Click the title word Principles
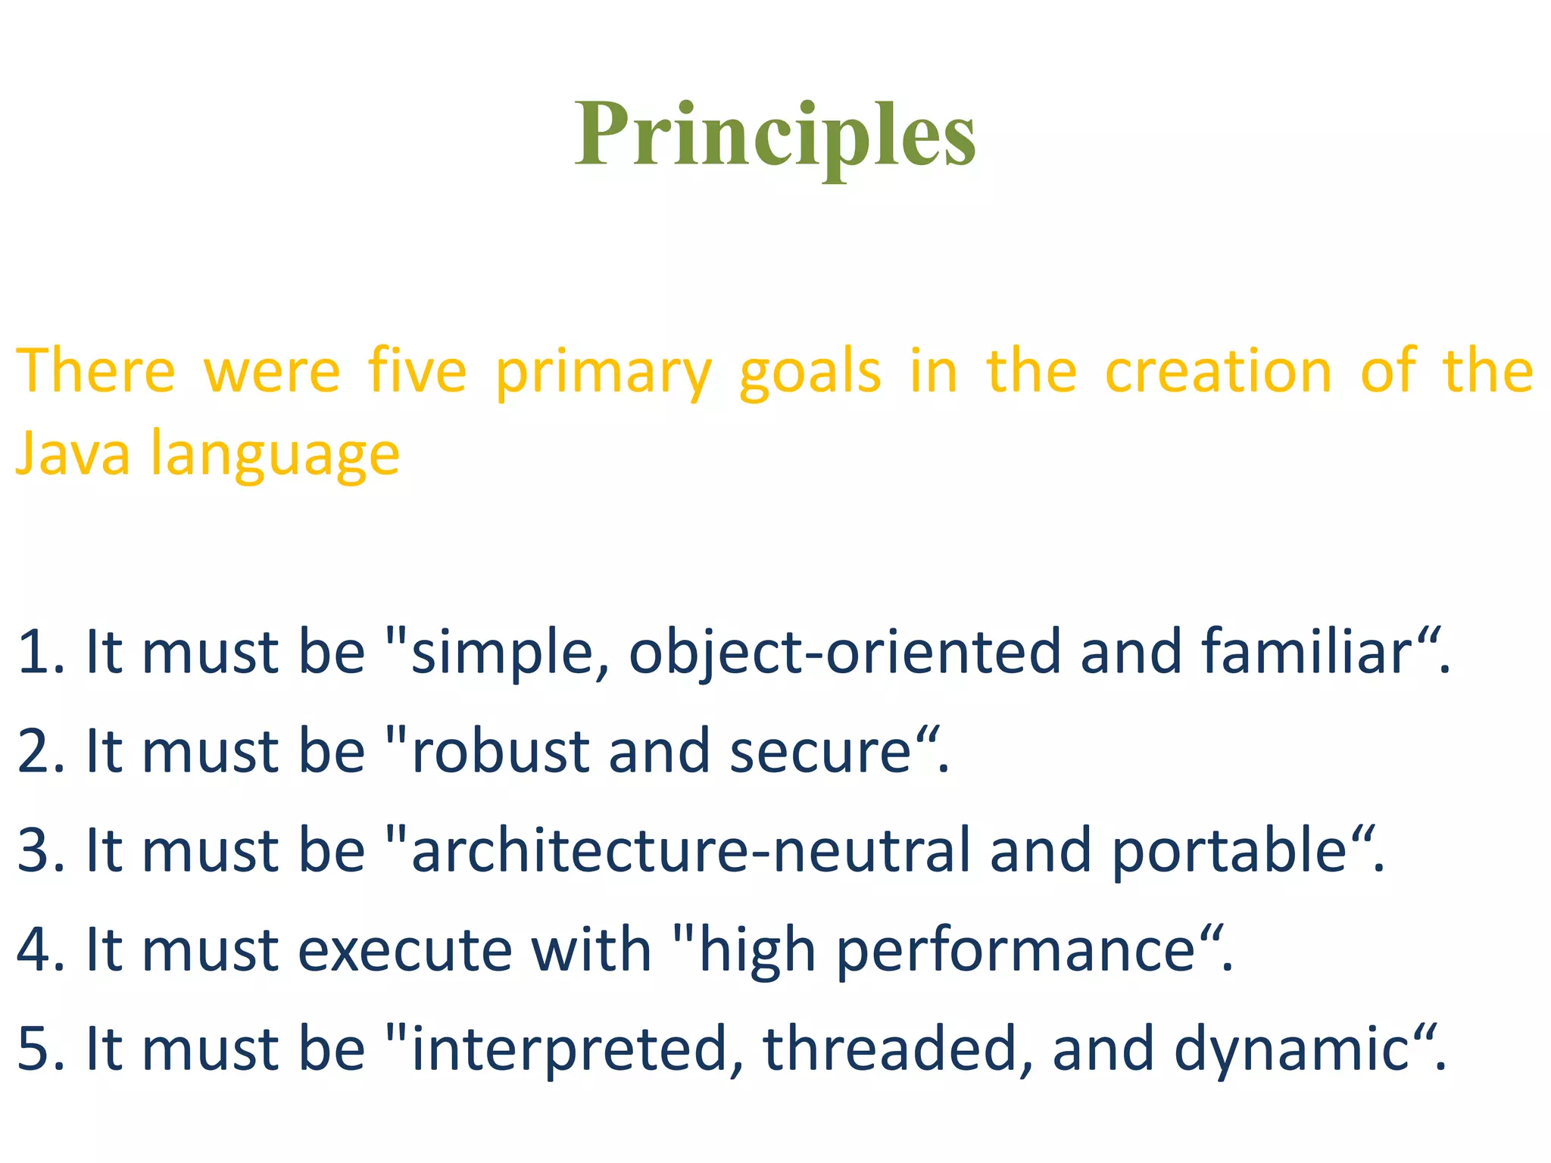[x=775, y=136]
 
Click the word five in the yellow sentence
[x=417, y=371]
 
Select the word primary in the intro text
[x=604, y=373]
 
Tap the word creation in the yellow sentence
[x=1218, y=371]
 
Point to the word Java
[x=73, y=453]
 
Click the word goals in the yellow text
[x=810, y=373]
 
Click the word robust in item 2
[x=500, y=751]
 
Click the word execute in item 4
[x=405, y=950]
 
